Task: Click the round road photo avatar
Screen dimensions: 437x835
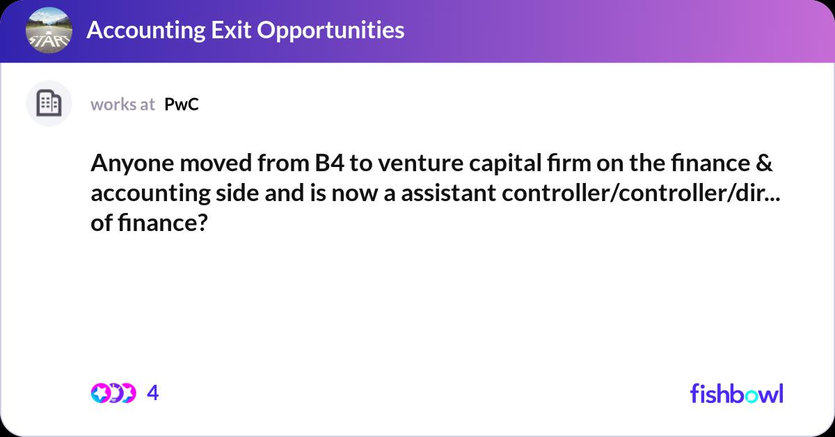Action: pyautogui.click(x=49, y=30)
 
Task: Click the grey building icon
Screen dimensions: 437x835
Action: pyautogui.click(x=49, y=104)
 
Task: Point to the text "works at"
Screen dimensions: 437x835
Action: pyautogui.click(x=122, y=104)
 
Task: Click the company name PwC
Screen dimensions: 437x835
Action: pyautogui.click(x=182, y=104)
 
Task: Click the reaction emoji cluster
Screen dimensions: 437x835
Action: pyautogui.click(x=113, y=393)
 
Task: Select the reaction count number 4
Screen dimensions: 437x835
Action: pyautogui.click(x=153, y=393)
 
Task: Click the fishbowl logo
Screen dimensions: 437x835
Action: pyautogui.click(x=736, y=393)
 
